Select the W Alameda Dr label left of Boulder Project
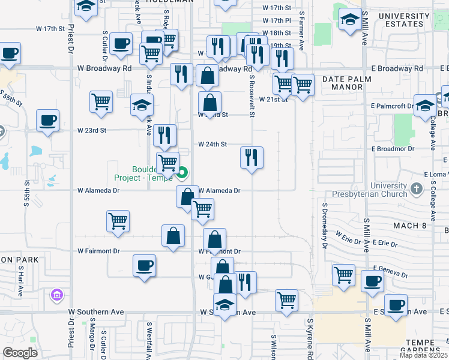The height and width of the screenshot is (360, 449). [98, 190]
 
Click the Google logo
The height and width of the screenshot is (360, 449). [20, 352]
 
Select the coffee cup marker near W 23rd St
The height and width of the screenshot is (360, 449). [47, 120]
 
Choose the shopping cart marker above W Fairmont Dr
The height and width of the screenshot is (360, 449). [118, 220]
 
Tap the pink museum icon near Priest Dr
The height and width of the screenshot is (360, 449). [57, 295]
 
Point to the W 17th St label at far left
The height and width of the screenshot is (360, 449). [50, 28]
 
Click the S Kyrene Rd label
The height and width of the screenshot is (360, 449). [310, 344]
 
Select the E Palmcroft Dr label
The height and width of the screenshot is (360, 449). [392, 106]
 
